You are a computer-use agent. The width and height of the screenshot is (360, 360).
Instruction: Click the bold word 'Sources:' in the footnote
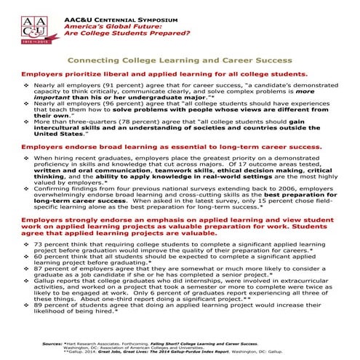point(53,341)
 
